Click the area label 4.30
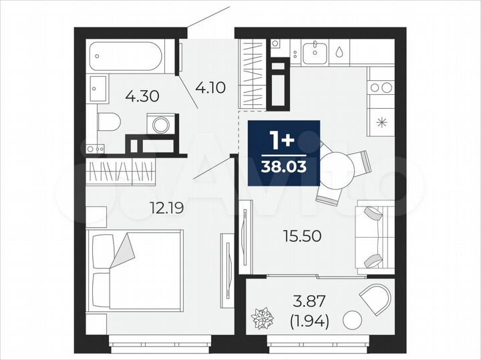click(142, 96)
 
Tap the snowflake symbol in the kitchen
click(382, 122)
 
